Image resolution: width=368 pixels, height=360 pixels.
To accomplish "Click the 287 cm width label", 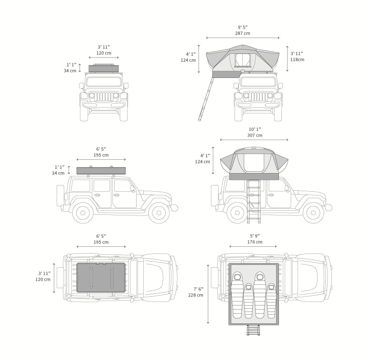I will pyautogui.click(x=242, y=33).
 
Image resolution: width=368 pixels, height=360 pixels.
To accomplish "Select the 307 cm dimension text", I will pyautogui.click(x=254, y=136).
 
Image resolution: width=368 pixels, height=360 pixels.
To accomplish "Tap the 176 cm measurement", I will pyautogui.click(x=255, y=242).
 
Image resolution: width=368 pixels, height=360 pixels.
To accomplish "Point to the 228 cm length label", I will pyautogui.click(x=195, y=295).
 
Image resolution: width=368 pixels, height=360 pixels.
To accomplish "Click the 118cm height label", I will pyautogui.click(x=297, y=59).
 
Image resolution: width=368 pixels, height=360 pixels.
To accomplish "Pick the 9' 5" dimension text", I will pyautogui.click(x=242, y=27).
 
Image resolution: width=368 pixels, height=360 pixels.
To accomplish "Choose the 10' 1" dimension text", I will pyautogui.click(x=254, y=129).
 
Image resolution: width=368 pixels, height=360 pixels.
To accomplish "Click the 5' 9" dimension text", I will pyautogui.click(x=255, y=236).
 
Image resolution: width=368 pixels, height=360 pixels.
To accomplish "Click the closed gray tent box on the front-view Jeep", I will pyautogui.click(x=103, y=68).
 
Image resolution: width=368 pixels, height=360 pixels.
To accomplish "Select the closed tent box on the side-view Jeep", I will pyautogui.click(x=101, y=170).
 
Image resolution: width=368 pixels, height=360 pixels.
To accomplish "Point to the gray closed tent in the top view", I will pyautogui.click(x=101, y=277).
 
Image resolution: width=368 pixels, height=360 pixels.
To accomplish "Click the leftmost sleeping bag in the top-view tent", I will pyautogui.click(x=237, y=295).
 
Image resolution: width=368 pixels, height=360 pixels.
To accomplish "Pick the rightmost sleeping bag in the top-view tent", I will pyautogui.click(x=271, y=301).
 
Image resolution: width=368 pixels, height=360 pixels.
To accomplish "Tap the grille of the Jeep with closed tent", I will pyautogui.click(x=103, y=97).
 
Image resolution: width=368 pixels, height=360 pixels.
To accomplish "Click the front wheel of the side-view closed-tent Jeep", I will pyautogui.click(x=159, y=213).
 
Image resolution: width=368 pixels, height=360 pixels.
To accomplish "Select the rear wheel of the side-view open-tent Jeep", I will pyautogui.click(x=237, y=213).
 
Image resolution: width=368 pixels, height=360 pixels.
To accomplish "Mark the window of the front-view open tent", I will pyautogui.click(x=242, y=60).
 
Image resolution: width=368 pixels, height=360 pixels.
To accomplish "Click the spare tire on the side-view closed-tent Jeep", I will pyautogui.click(x=60, y=195).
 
